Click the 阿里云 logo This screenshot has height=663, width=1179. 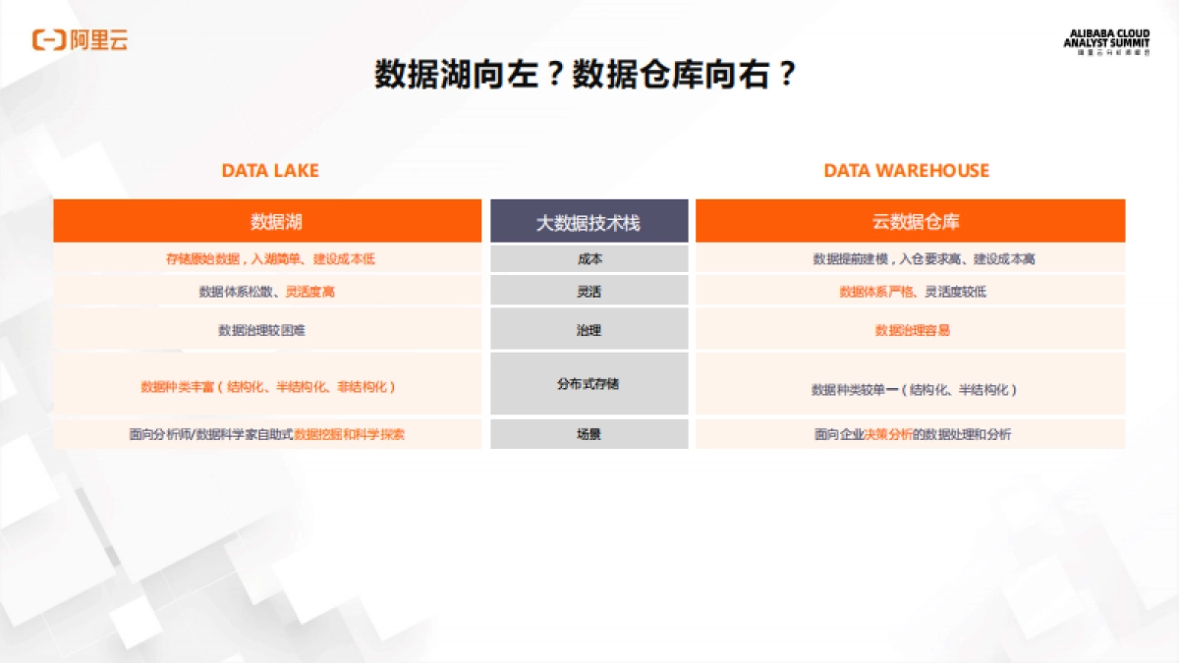click(81, 40)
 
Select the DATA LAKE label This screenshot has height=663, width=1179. click(270, 171)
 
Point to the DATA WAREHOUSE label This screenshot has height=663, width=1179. click(906, 171)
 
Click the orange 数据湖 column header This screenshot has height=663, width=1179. click(267, 221)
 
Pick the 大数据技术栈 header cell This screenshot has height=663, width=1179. click(589, 222)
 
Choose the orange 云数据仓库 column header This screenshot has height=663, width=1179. click(910, 221)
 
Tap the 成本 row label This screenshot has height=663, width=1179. click(589, 259)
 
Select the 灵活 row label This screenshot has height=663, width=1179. click(589, 292)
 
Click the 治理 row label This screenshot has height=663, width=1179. click(589, 330)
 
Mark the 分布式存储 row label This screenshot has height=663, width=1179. click(589, 384)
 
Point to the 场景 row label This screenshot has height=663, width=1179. click(589, 434)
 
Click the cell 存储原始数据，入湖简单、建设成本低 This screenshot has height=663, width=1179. click(270, 259)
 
